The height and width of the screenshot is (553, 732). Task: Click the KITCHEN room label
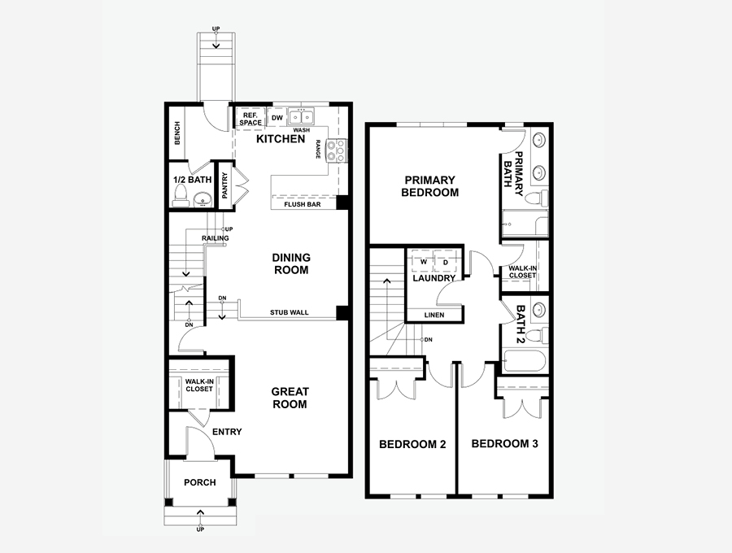(x=281, y=139)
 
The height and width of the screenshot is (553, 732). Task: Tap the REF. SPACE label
(x=251, y=119)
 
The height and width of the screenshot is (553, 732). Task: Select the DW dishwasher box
(x=277, y=118)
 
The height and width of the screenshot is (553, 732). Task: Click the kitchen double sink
(x=301, y=115)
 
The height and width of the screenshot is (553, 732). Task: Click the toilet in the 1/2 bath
(x=180, y=195)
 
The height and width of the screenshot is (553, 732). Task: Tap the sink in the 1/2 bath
(x=203, y=198)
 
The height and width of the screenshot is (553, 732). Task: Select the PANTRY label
(x=224, y=185)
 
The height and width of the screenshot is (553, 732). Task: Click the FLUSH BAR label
(x=302, y=204)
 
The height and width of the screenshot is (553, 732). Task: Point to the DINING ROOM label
(x=291, y=263)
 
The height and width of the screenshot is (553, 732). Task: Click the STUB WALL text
(x=289, y=312)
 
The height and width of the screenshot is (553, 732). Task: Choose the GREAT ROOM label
(x=290, y=398)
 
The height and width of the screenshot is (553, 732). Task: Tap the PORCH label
(x=200, y=482)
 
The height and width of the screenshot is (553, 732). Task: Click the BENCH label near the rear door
(x=177, y=133)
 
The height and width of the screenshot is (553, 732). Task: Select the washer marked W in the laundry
(x=422, y=261)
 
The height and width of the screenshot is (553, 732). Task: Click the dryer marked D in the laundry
(x=446, y=261)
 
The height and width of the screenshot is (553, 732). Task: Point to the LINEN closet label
(x=434, y=315)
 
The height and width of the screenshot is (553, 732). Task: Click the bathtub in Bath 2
(x=524, y=361)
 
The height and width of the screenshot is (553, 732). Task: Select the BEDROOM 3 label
(x=504, y=444)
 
